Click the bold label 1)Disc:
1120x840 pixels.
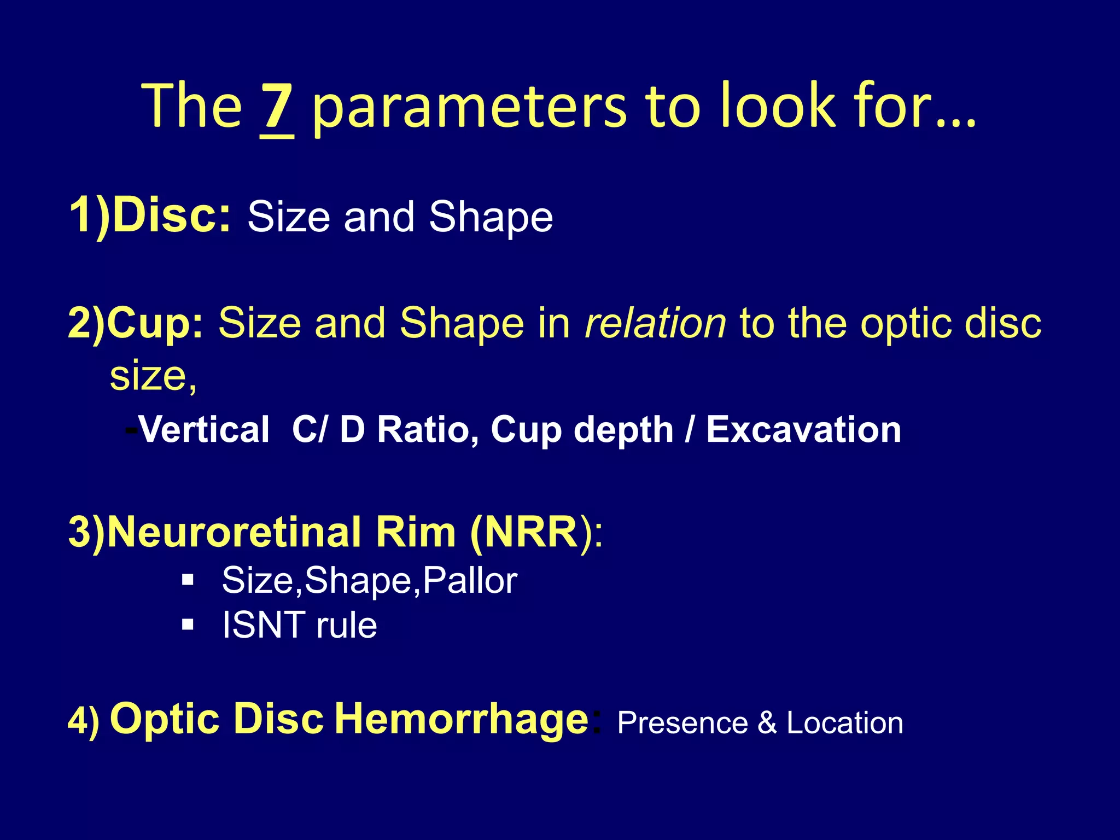[x=150, y=216]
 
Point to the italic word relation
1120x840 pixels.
[x=655, y=323]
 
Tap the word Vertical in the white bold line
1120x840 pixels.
[x=204, y=430]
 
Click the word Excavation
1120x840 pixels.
[x=803, y=430]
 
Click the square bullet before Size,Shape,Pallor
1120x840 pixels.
[x=188, y=580]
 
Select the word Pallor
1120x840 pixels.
[x=470, y=581]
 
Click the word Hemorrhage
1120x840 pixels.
[x=461, y=719]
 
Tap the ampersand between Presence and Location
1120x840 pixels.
[x=767, y=723]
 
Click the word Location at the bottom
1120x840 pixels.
[x=844, y=723]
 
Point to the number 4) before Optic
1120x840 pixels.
[x=84, y=720]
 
